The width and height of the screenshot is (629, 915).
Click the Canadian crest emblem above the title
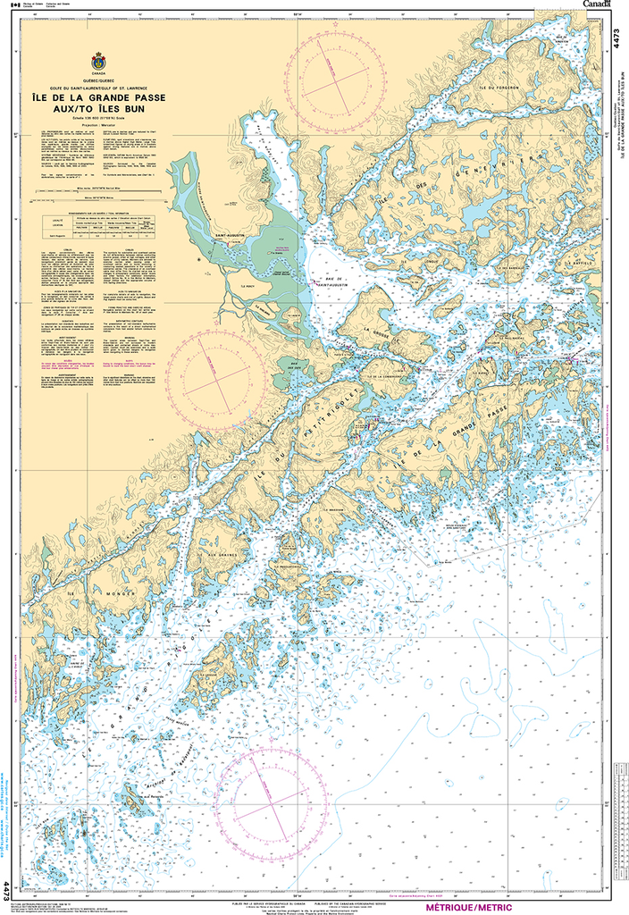point(98,63)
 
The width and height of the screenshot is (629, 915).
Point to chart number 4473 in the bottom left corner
point(7,890)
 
